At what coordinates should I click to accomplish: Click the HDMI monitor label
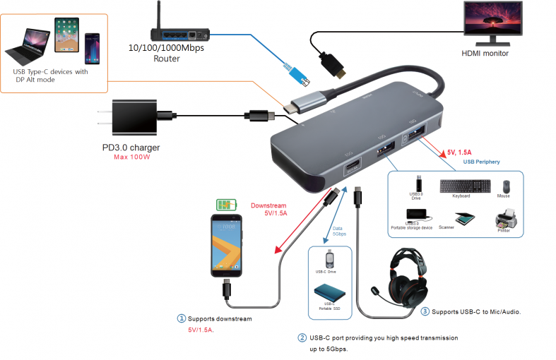pyautogui.click(x=485, y=53)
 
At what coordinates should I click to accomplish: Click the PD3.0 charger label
pyautogui.click(x=131, y=148)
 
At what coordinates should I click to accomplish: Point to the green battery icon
pyautogui.click(x=227, y=205)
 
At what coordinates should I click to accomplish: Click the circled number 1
pyautogui.click(x=181, y=318)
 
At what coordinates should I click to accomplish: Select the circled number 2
pyautogui.click(x=302, y=338)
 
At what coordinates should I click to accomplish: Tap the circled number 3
pyautogui.click(x=424, y=311)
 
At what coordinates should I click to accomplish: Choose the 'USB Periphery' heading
pyautogui.click(x=481, y=162)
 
